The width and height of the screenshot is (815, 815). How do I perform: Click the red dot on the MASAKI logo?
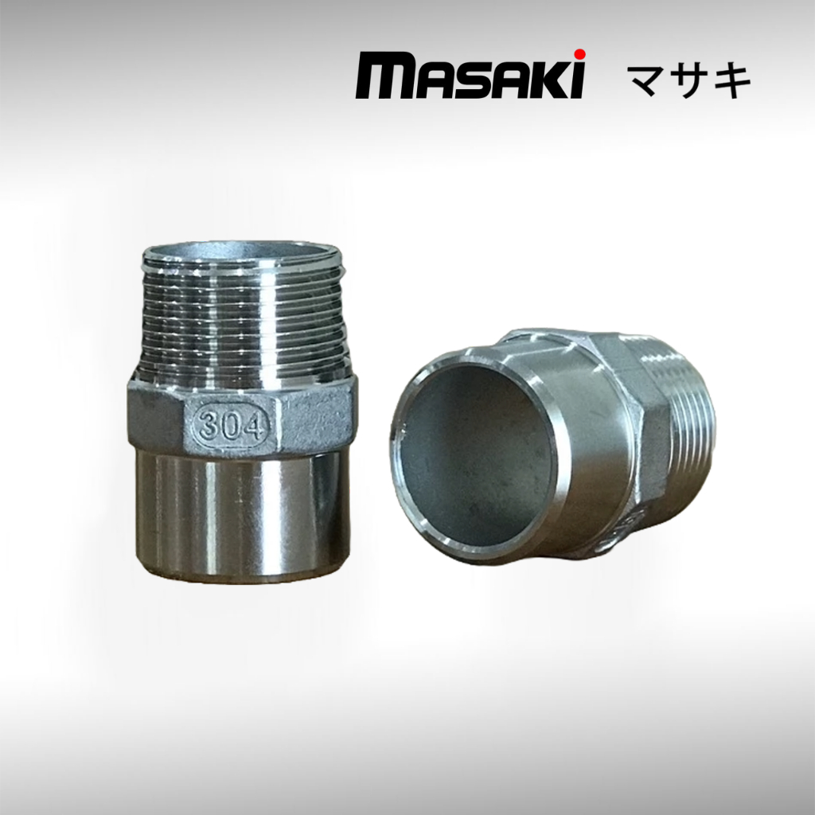(x=580, y=53)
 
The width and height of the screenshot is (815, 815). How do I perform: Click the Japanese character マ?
(x=646, y=80)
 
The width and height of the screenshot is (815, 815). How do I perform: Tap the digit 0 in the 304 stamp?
(x=231, y=427)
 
